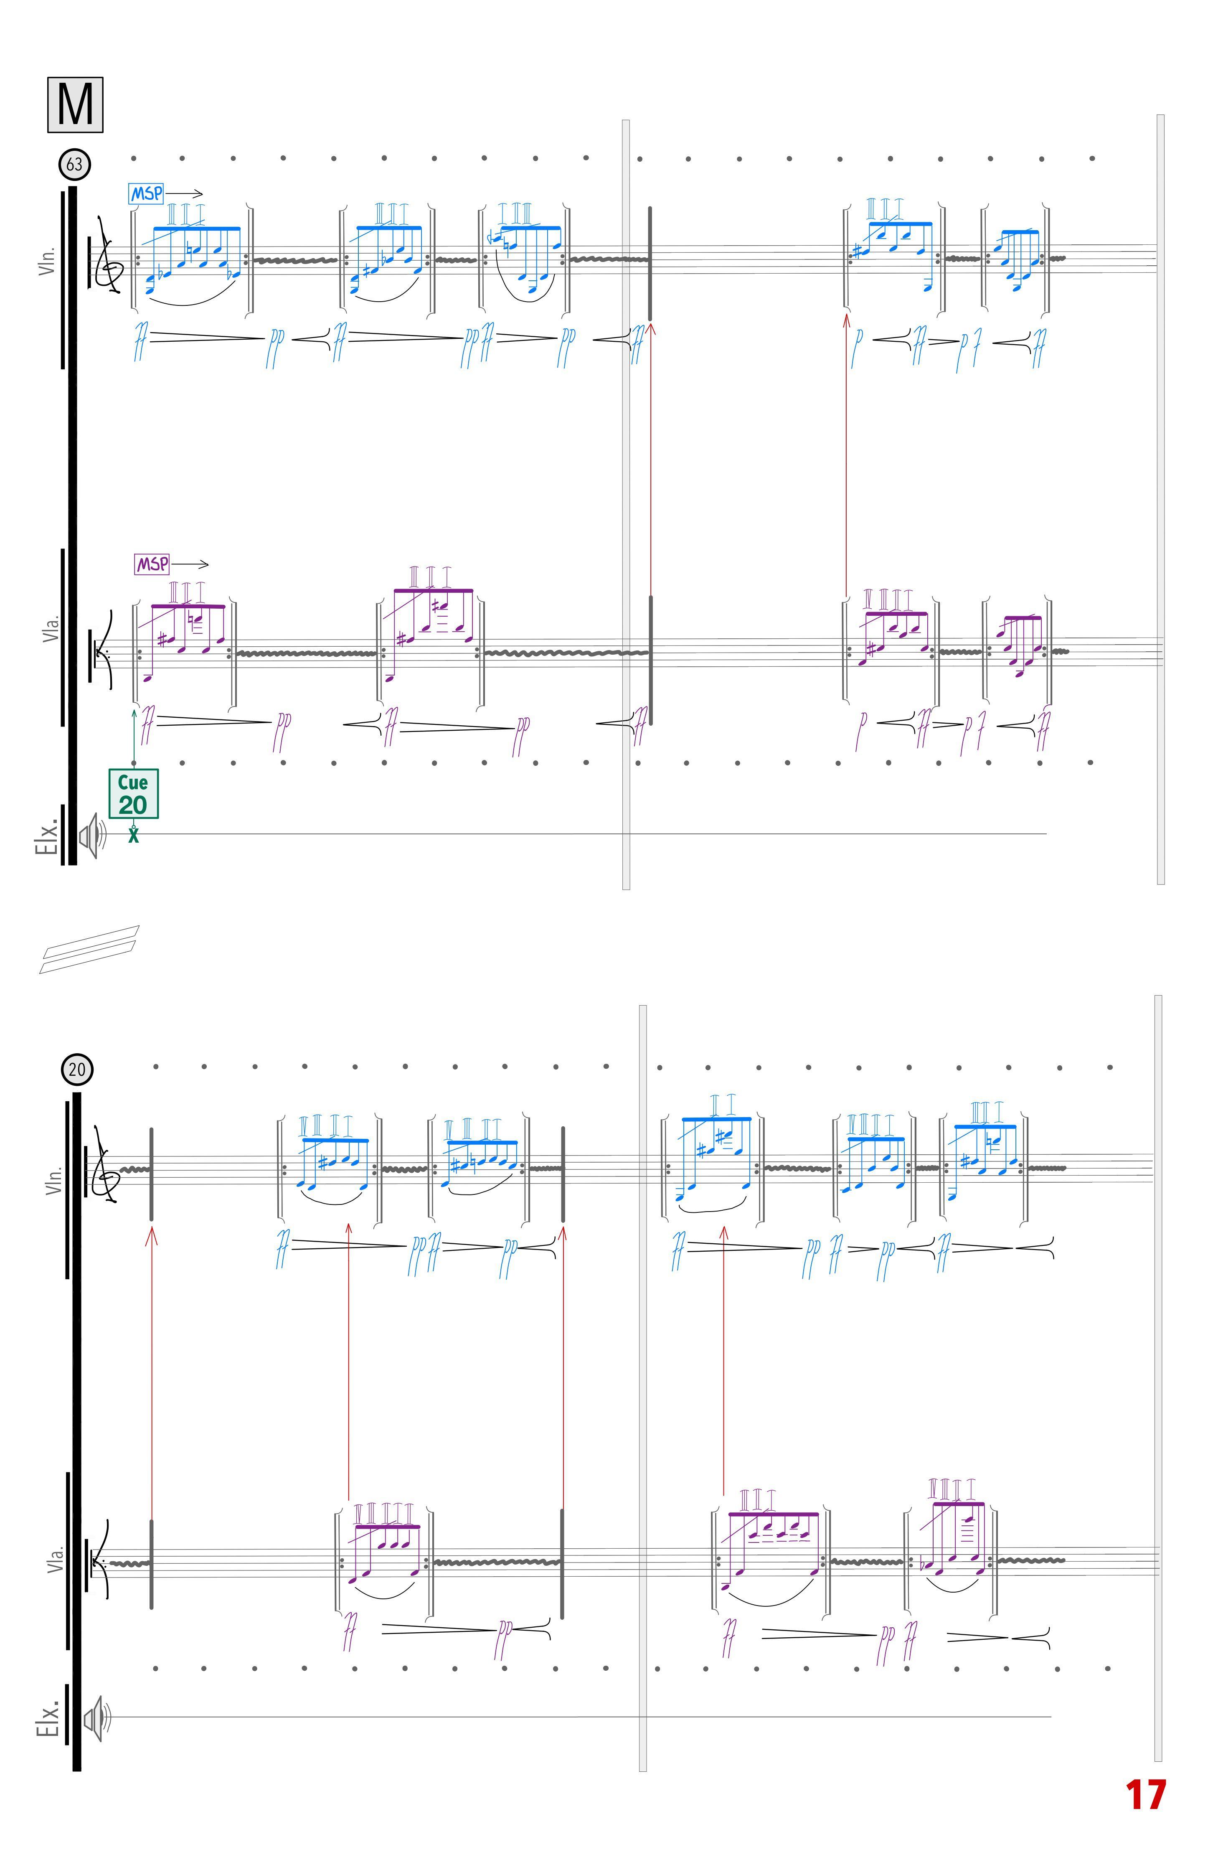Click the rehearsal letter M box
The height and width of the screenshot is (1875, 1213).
(x=75, y=105)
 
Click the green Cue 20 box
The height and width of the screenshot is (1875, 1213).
(x=133, y=794)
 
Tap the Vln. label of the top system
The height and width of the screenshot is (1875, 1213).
(x=47, y=260)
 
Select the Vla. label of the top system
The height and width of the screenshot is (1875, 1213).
(x=51, y=628)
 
